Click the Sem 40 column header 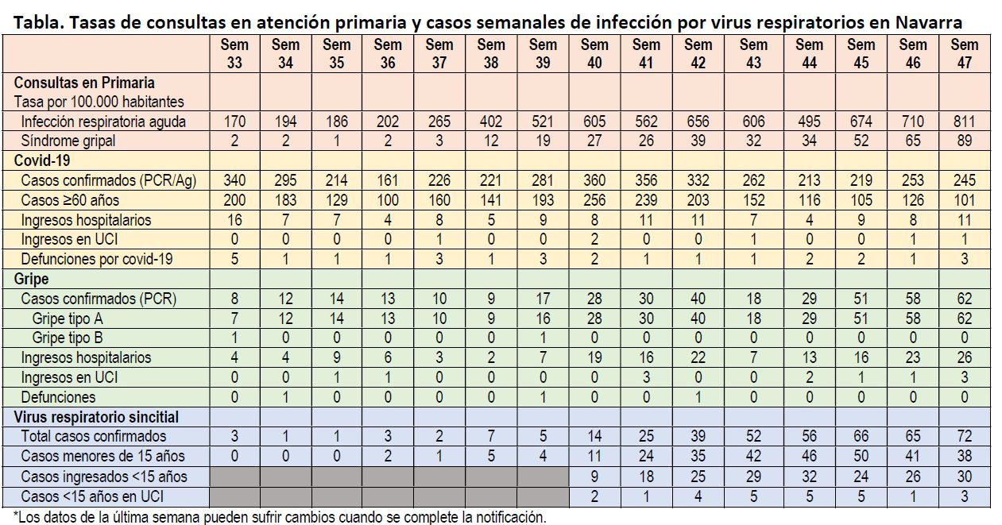594,53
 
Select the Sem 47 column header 965,53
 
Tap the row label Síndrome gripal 68,141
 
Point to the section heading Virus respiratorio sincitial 96,416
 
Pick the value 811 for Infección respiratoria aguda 965,122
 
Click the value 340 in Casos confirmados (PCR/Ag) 234,180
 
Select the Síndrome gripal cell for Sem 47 965,141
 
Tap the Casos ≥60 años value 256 594,199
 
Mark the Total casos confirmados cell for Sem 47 965,436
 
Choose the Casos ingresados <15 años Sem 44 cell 809,476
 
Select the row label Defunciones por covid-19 96,258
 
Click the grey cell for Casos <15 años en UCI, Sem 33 234,496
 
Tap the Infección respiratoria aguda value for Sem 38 491,122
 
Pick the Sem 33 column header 234,53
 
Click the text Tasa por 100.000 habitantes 99,102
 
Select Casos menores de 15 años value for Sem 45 861,456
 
